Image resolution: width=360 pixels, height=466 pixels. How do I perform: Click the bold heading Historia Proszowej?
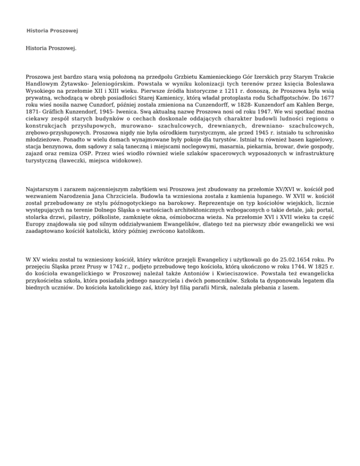(x=52, y=31)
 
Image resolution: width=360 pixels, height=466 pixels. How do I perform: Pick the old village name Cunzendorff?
(x=202, y=107)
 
